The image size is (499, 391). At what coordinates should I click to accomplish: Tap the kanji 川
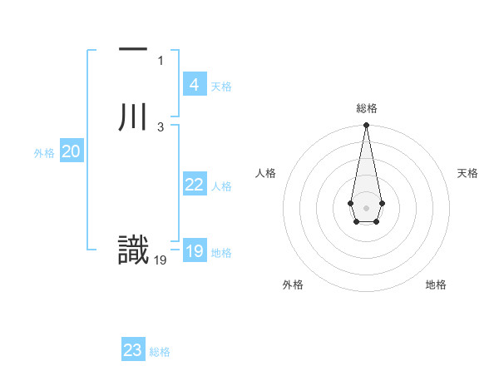pyautogui.click(x=133, y=116)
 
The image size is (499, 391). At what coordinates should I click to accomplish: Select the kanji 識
pyautogui.click(x=133, y=250)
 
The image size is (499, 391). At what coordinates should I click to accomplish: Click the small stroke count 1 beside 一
pyautogui.click(x=161, y=61)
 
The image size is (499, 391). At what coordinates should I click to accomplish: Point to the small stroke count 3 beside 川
pyautogui.click(x=161, y=126)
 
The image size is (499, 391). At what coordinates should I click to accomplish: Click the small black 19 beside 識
pyautogui.click(x=161, y=260)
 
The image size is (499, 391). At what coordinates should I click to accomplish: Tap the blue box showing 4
pyautogui.click(x=194, y=85)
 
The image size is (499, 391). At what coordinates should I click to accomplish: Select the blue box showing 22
pyautogui.click(x=194, y=185)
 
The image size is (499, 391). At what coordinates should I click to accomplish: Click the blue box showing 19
pyautogui.click(x=194, y=251)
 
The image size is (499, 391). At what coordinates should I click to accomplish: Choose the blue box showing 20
pyautogui.click(x=72, y=151)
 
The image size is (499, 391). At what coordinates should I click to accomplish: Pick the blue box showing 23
pyautogui.click(x=133, y=350)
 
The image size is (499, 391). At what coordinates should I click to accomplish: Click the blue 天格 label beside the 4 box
pyautogui.click(x=221, y=87)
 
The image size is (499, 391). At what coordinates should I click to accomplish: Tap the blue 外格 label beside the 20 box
pyautogui.click(x=44, y=153)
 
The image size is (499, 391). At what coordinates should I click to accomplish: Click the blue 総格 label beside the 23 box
pyautogui.click(x=160, y=352)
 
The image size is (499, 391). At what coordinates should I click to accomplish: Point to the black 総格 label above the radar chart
pyautogui.click(x=367, y=108)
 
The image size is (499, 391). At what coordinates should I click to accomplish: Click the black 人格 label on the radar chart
pyautogui.click(x=266, y=173)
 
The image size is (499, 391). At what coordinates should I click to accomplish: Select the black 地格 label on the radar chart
pyautogui.click(x=436, y=285)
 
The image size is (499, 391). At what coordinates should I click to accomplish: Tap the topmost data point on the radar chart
pyautogui.click(x=366, y=126)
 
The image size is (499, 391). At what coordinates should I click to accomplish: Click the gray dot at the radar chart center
pyautogui.click(x=366, y=206)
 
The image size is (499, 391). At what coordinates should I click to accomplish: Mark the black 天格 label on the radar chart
pyautogui.click(x=467, y=173)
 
